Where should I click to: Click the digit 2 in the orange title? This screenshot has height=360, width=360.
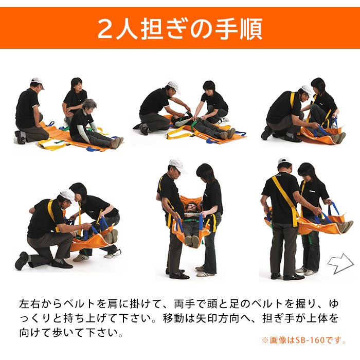(107, 29)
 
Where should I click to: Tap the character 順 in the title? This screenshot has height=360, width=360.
(250, 29)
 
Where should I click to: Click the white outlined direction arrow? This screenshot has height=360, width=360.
(340, 264)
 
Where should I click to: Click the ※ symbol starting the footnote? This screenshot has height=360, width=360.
(265, 340)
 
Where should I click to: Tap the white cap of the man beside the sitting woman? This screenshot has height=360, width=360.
(37, 82)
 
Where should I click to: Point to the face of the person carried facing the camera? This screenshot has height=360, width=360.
(192, 208)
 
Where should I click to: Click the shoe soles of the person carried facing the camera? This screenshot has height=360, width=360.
(192, 241)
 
